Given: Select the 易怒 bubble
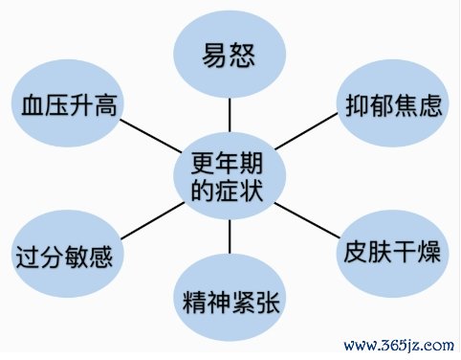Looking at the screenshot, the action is (x=230, y=53).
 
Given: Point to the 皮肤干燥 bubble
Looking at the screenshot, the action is (x=391, y=255).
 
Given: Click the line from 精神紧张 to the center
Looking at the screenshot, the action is (x=230, y=239).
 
